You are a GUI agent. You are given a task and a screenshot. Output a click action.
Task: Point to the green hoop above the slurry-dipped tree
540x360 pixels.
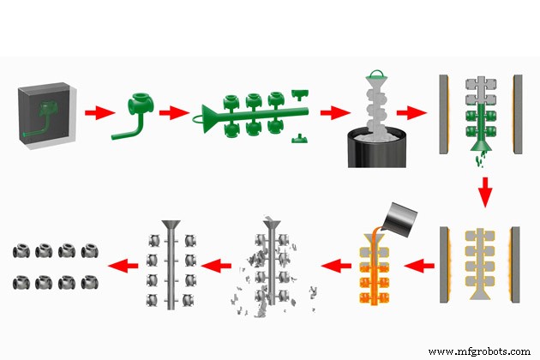(375, 75)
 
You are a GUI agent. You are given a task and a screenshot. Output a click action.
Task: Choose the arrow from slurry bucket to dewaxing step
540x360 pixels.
(417, 112)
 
